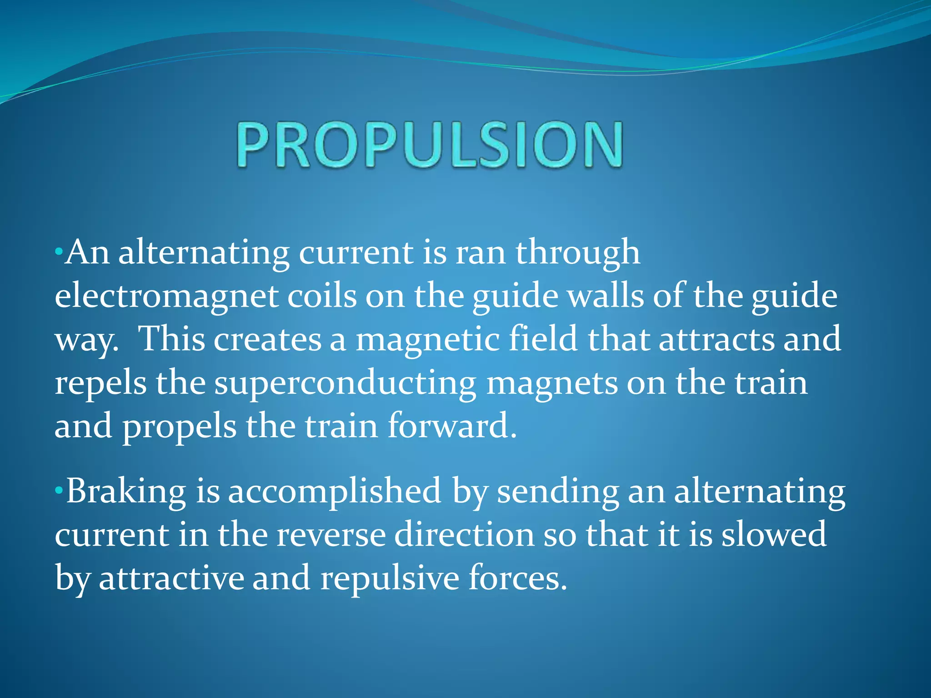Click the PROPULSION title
click(430, 145)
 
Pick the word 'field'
click(543, 339)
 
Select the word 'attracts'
click(716, 339)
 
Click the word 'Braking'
click(126, 492)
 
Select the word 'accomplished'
click(334, 492)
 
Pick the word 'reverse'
click(330, 535)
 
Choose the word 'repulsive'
click(390, 578)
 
